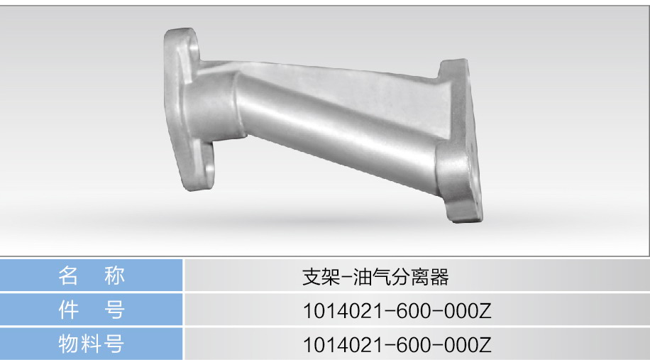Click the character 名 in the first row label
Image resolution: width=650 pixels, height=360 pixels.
tap(67, 276)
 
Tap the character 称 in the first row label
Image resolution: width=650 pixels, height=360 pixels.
tap(114, 276)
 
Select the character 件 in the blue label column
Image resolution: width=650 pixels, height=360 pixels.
tap(68, 310)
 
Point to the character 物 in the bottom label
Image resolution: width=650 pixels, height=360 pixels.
tap(68, 344)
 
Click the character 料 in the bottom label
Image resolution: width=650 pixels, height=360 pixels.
tap(92, 344)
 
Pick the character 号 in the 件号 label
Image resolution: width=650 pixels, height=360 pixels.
tap(114, 310)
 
